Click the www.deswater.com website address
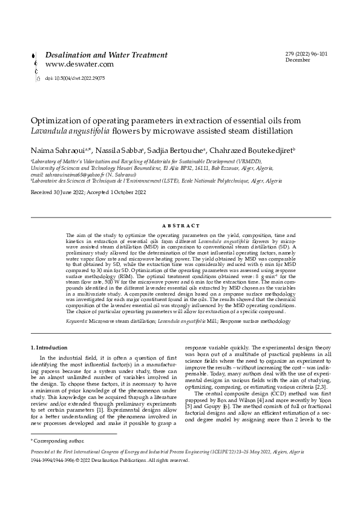(79, 64)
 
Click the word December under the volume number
(298, 61)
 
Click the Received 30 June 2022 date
(61, 192)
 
